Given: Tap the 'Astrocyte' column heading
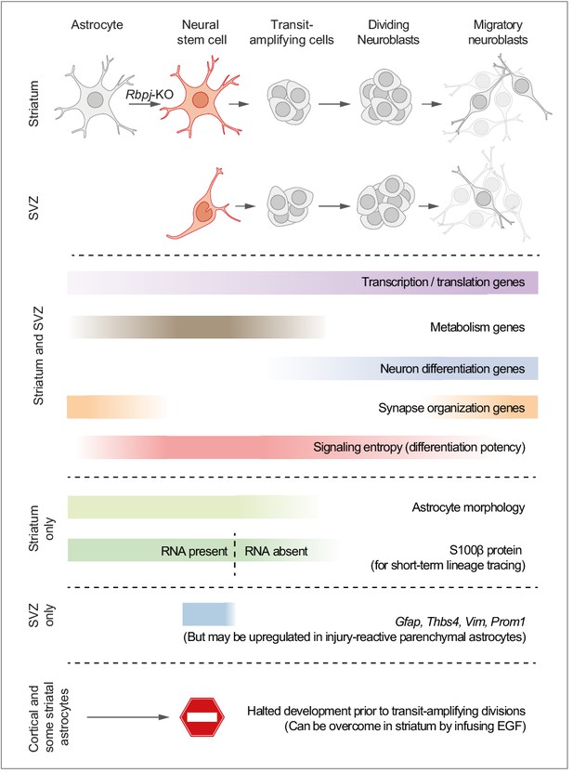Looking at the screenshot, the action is [x=98, y=25].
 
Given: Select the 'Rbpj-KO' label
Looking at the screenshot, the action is [x=150, y=94].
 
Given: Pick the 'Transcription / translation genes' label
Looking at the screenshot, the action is [x=443, y=282].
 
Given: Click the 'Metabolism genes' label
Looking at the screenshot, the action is [x=477, y=327].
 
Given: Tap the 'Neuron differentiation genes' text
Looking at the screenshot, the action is [x=452, y=369].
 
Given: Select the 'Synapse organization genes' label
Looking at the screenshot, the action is [x=451, y=408].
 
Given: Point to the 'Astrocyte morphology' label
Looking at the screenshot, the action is [x=468, y=507].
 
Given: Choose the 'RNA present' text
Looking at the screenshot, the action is [x=194, y=551].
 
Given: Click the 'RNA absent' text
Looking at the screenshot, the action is [x=276, y=551].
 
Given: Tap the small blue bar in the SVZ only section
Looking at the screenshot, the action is [x=208, y=614].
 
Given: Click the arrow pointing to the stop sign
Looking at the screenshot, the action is [x=128, y=717].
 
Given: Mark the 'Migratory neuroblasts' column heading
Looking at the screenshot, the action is [x=498, y=32].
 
